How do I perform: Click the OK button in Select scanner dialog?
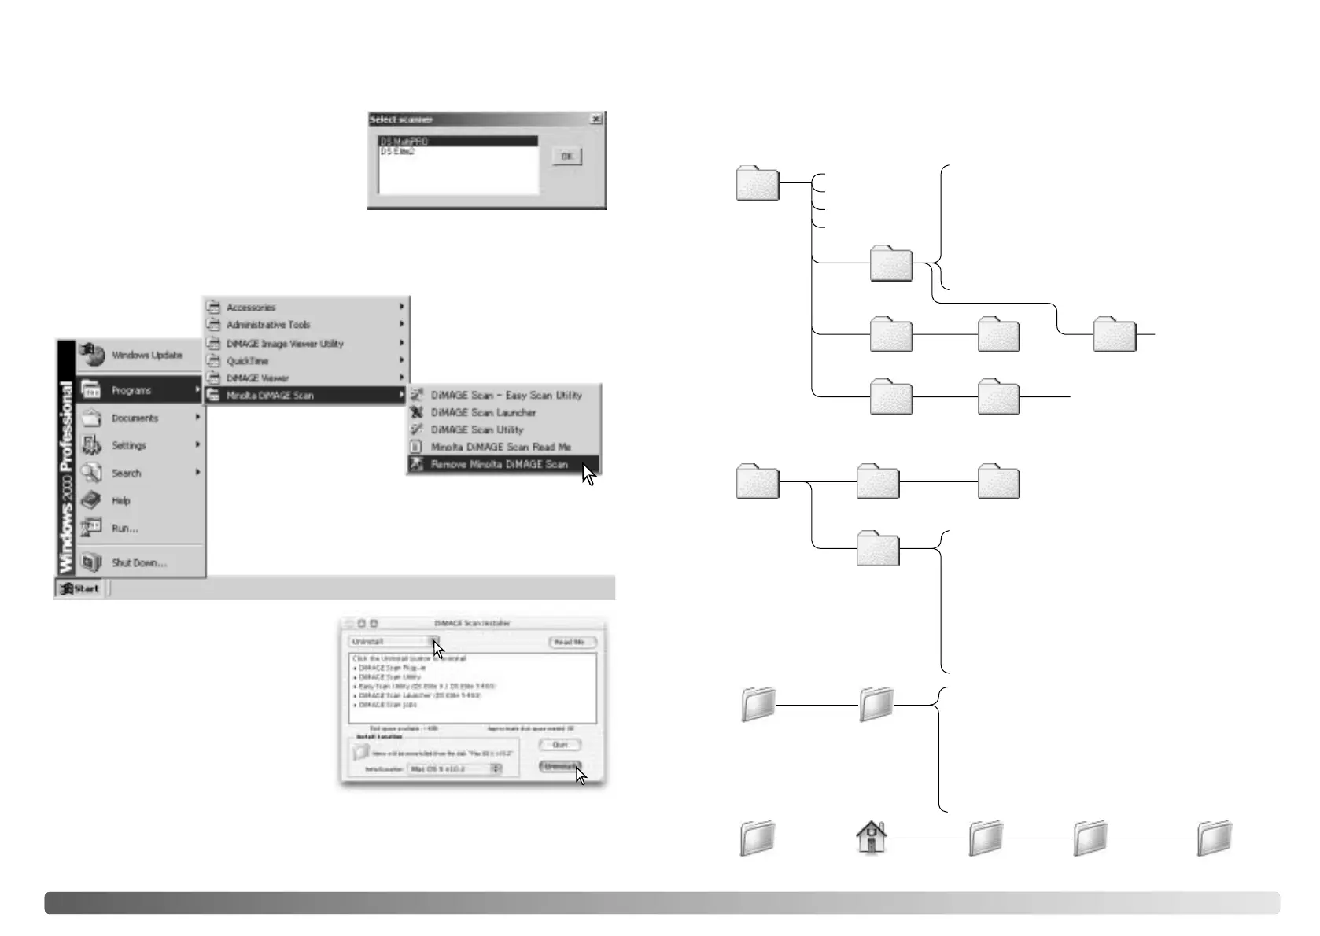click(x=566, y=157)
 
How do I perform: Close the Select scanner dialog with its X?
click(x=596, y=119)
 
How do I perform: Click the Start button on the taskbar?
click(x=81, y=588)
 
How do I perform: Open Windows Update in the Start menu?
click(x=146, y=356)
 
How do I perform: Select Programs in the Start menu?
click(x=131, y=390)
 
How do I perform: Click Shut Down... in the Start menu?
click(x=139, y=563)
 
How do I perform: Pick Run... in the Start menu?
click(x=125, y=529)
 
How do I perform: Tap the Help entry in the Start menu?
click(x=121, y=501)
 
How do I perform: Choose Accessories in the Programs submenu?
click(x=251, y=308)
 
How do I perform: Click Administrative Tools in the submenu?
click(x=268, y=325)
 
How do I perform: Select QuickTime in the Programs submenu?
click(x=247, y=361)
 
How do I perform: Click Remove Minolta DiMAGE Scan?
click(x=499, y=465)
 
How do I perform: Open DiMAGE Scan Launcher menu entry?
click(x=483, y=413)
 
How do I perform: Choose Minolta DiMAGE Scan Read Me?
click(x=500, y=447)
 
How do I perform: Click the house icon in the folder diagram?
click(x=871, y=838)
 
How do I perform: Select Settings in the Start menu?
click(x=129, y=446)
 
